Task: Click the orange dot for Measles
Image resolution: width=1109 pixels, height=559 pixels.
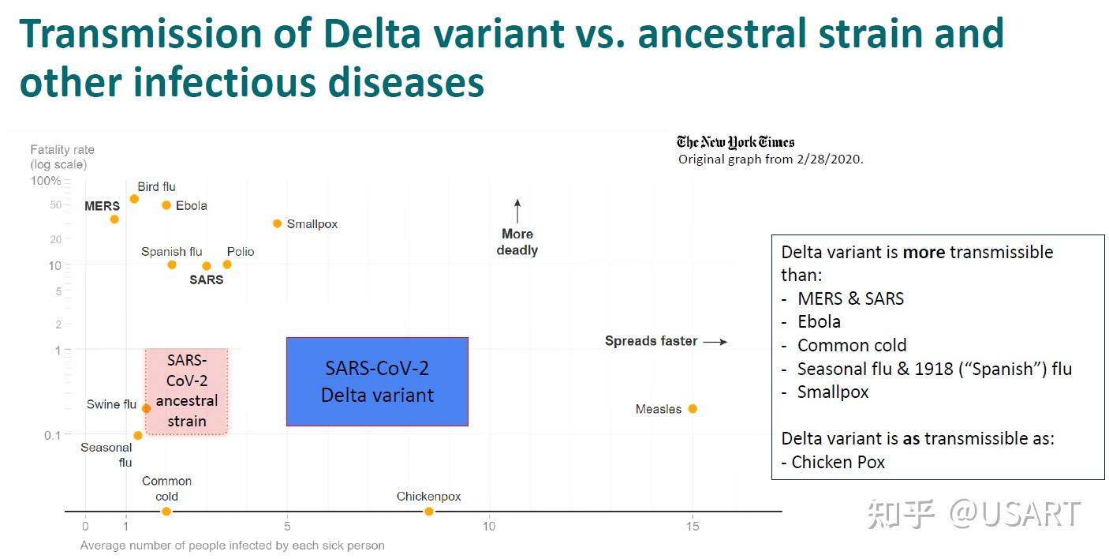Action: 693,408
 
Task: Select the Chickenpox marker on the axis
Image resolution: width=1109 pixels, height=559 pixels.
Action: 429,512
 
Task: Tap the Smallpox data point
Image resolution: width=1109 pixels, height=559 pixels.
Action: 277,223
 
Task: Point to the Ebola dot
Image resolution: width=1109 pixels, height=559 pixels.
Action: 166,205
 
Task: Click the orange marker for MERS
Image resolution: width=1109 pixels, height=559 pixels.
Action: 114,219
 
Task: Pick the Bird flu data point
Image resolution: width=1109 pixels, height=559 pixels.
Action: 134,199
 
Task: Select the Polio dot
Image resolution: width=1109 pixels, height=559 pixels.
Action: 227,264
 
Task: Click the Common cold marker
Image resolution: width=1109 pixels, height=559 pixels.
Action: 166,512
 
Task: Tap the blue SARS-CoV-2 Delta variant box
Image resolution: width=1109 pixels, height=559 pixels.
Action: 377,381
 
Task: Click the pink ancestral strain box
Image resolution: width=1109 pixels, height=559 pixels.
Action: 186,391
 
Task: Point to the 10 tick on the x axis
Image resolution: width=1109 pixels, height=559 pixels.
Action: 489,527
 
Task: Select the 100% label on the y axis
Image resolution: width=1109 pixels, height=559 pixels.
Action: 46,181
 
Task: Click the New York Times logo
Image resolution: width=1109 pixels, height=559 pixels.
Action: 735,142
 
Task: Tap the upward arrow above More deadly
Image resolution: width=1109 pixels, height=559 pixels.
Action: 517,211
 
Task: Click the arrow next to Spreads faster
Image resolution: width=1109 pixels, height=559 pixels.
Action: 715,342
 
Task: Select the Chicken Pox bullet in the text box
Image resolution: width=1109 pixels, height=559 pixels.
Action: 838,462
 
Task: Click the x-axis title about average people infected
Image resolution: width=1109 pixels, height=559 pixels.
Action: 232,546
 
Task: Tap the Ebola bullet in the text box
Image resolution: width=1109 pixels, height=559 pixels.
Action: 819,321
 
